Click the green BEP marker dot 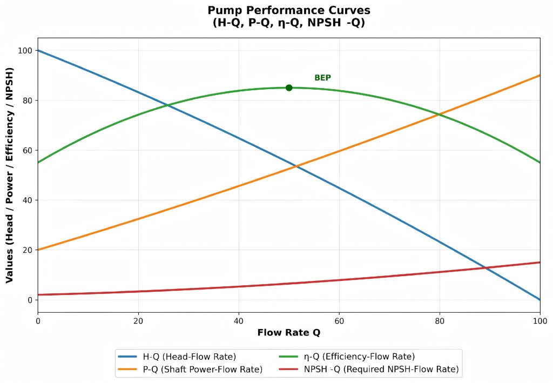pos(289,88)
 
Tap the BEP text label pos(322,78)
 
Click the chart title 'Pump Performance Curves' pos(289,11)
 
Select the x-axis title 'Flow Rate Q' pos(289,333)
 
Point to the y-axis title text pos(10,175)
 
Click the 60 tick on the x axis pos(339,321)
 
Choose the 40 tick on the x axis pos(239,321)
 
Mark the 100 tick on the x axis pos(540,321)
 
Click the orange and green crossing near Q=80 pos(440,115)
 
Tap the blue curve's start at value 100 pos(38,51)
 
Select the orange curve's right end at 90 pos(539,76)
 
